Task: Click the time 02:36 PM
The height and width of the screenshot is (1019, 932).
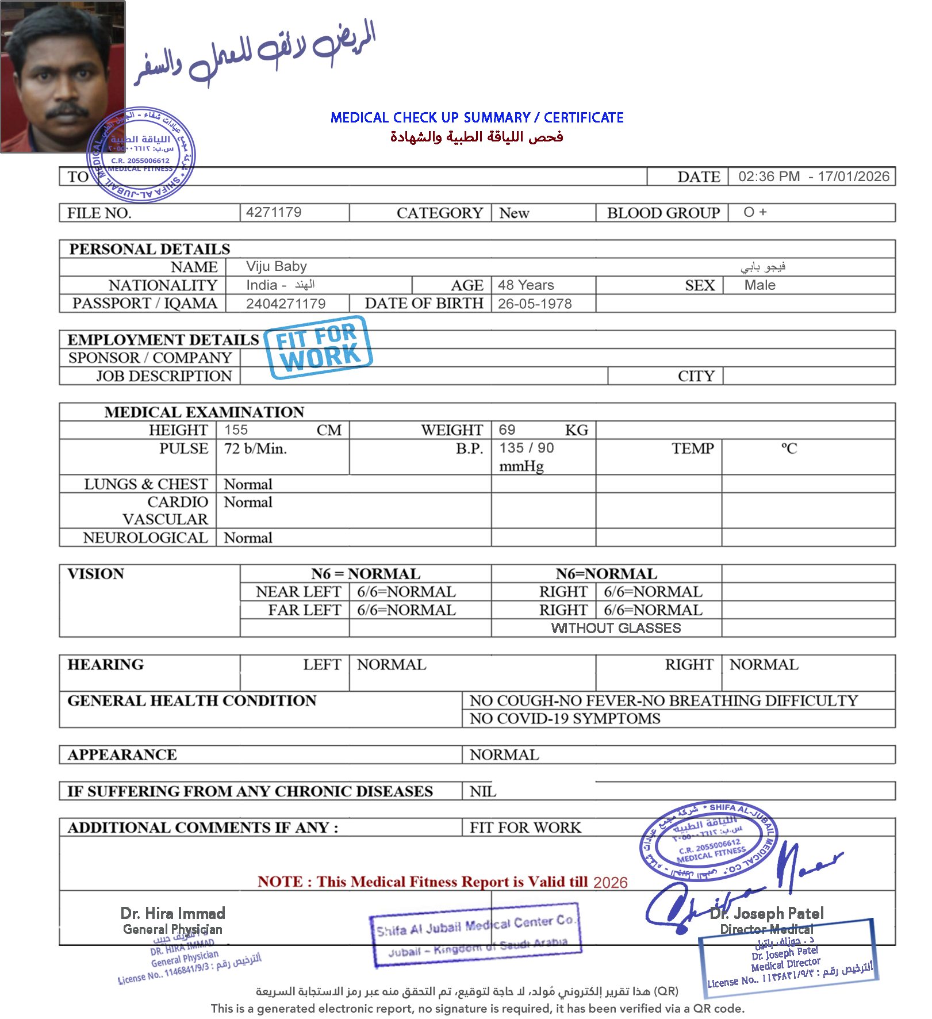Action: point(769,177)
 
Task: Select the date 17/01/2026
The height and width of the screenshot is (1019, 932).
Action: point(853,177)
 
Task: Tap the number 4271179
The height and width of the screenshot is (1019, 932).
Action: point(274,212)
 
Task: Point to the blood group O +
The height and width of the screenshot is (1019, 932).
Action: point(755,212)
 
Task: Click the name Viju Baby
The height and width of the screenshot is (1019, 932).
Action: point(277,266)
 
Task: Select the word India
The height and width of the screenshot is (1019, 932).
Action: point(262,285)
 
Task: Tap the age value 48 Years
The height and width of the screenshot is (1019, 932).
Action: point(526,285)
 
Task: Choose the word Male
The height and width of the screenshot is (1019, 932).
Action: point(760,285)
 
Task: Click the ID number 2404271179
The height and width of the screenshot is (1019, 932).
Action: point(286,304)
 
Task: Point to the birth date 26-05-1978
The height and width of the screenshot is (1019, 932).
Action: point(535,304)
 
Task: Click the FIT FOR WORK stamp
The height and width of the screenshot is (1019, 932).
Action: point(318,347)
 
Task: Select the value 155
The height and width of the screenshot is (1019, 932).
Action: point(236,430)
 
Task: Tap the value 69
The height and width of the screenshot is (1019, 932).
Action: point(507,430)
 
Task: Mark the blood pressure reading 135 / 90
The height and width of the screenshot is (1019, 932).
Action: point(527,449)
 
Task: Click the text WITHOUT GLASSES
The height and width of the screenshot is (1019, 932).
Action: point(616,629)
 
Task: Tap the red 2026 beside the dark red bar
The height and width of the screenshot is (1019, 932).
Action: point(610,883)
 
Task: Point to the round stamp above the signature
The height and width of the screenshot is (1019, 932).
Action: point(708,841)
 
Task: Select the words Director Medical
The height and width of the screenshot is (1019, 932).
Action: point(766,929)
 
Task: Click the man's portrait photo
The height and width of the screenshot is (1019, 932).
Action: point(62,77)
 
